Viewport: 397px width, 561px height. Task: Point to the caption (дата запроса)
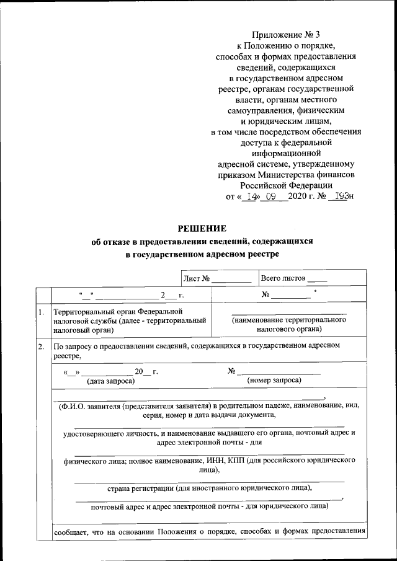(x=110, y=381)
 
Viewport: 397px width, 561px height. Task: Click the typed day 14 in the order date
(x=250, y=196)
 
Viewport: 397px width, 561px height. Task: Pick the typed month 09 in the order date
(x=270, y=196)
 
